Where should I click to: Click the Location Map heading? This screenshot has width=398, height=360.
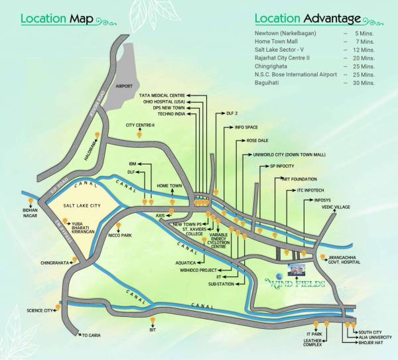(65, 17)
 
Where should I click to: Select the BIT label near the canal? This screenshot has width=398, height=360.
(153, 329)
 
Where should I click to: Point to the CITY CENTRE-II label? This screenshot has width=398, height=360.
(140, 125)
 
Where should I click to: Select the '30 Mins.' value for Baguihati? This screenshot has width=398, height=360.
(363, 83)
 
